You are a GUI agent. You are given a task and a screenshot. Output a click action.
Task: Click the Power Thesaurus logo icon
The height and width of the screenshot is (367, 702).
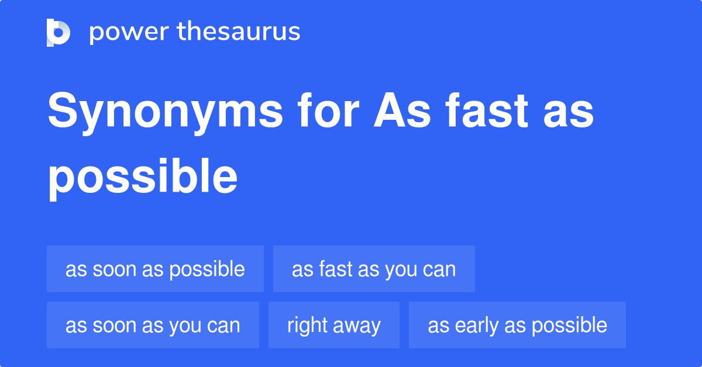click(58, 32)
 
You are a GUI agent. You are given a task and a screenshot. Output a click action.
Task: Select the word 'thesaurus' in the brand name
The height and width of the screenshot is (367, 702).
click(239, 32)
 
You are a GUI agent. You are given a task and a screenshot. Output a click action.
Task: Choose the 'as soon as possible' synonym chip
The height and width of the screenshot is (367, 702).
click(155, 269)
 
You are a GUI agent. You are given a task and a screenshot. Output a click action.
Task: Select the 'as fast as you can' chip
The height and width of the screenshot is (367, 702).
click(374, 269)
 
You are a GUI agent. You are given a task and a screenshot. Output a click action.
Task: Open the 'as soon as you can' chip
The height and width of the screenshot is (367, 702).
click(153, 326)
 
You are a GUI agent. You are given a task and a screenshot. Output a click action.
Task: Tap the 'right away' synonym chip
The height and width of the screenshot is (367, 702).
click(334, 326)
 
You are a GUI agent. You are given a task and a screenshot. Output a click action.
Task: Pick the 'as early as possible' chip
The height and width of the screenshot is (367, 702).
click(517, 326)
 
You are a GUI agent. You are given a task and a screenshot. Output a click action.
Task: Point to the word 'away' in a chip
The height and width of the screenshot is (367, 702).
click(357, 326)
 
